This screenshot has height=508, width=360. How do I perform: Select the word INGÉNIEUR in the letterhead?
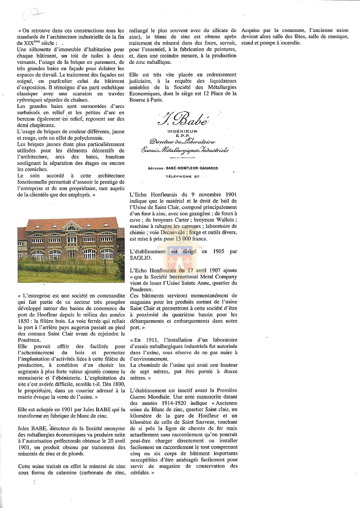point(183,131)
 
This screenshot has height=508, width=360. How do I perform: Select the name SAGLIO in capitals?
point(143,258)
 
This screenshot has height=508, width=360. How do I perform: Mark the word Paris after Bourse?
point(160,100)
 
